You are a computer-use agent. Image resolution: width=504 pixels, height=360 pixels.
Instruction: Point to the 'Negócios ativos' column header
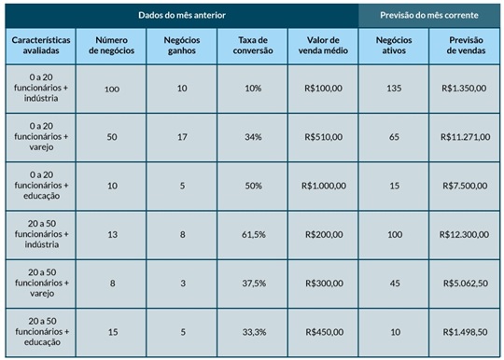[x=393, y=46]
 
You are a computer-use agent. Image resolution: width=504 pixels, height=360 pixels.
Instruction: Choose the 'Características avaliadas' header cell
[x=39, y=46]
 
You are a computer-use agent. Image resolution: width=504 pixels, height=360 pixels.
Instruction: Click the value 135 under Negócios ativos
[x=393, y=88]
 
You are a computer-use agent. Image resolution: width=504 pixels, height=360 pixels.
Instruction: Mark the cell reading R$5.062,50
[x=465, y=282]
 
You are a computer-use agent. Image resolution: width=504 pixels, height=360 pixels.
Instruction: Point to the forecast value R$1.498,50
[x=465, y=330]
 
